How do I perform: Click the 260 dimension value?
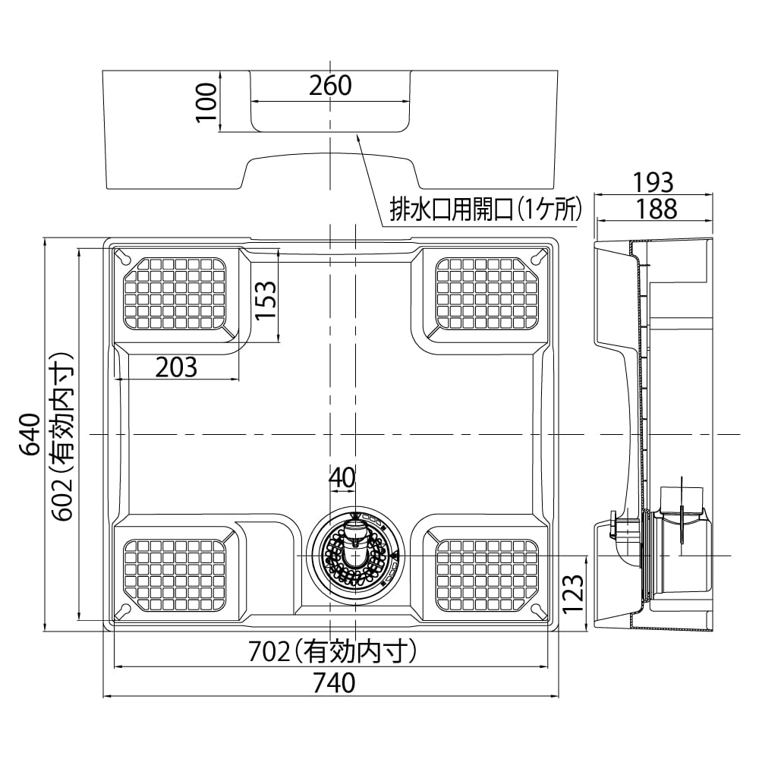tap(330, 86)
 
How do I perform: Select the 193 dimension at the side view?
tap(653, 183)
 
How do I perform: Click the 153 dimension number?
tap(265, 301)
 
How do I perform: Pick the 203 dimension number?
tap(176, 367)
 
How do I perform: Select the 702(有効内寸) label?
tap(334, 651)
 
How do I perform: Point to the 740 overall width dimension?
tap(332, 682)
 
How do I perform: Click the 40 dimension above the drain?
tap(342, 477)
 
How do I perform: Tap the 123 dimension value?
tap(574, 593)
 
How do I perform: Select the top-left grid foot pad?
tap(175, 294)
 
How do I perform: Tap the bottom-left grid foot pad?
tap(175, 575)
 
